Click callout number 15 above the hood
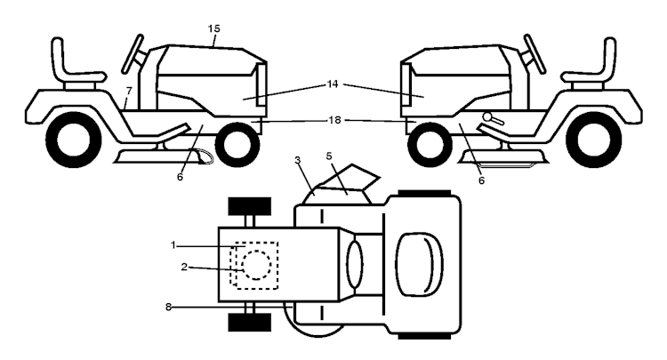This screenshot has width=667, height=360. (214, 29)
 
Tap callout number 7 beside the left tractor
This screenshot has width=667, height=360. (129, 91)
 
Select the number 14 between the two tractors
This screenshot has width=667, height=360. (333, 84)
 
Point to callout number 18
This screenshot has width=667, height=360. (334, 120)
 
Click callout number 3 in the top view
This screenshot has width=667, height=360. (297, 160)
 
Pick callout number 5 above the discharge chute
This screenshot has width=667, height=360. (329, 156)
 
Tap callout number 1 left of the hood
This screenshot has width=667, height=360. (173, 245)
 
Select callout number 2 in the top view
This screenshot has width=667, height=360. (184, 267)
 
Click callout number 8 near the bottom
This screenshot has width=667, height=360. (168, 306)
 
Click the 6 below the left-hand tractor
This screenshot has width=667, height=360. (180, 177)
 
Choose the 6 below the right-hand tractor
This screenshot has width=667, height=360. (481, 180)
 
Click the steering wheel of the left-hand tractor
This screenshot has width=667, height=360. (133, 54)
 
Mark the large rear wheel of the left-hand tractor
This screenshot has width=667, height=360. (74, 140)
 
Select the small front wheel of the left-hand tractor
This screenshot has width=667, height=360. (237, 144)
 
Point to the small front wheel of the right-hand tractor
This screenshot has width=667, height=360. (430, 145)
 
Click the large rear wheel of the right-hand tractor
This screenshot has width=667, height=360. (593, 140)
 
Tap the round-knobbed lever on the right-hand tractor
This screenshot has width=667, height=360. (493, 118)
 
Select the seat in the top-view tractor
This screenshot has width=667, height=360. (419, 264)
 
